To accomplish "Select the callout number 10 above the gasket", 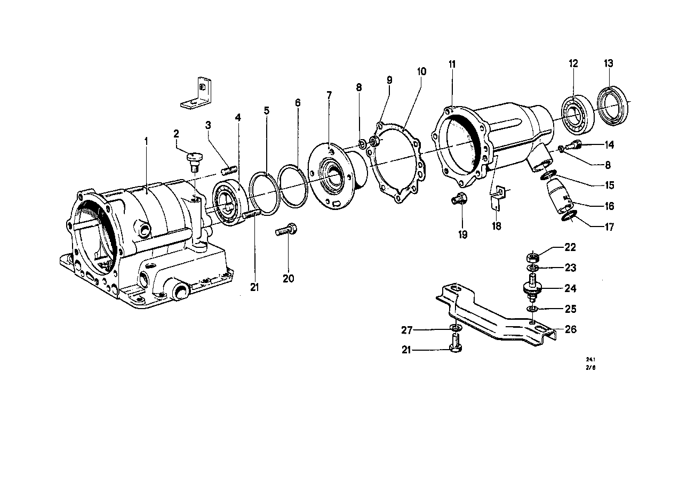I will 421,71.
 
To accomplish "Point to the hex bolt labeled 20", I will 286,231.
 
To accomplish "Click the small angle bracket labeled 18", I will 498,196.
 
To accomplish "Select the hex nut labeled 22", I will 534,256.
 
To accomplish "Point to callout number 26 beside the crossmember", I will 570,330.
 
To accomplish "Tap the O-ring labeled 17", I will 570,216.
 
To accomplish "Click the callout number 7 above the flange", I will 329,95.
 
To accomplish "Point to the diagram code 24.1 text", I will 589,359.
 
